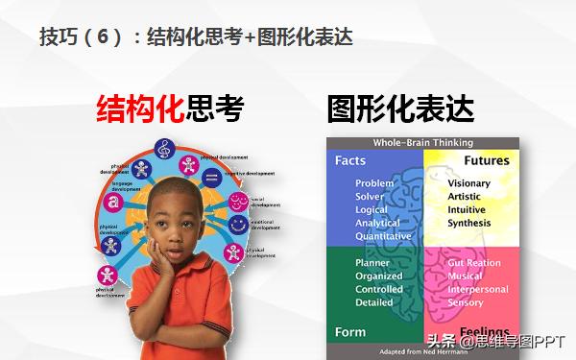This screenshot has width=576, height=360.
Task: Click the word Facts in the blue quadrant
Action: [349, 161]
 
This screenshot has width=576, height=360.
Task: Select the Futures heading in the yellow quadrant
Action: [487, 160]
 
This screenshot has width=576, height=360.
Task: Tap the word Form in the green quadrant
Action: [349, 332]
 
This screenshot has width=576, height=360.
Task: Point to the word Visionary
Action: [468, 183]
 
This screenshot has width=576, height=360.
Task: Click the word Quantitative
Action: [383, 236]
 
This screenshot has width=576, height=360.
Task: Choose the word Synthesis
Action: [468, 224]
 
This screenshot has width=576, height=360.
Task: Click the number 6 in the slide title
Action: [105, 37]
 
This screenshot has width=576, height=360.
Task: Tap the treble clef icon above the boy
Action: [164, 151]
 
